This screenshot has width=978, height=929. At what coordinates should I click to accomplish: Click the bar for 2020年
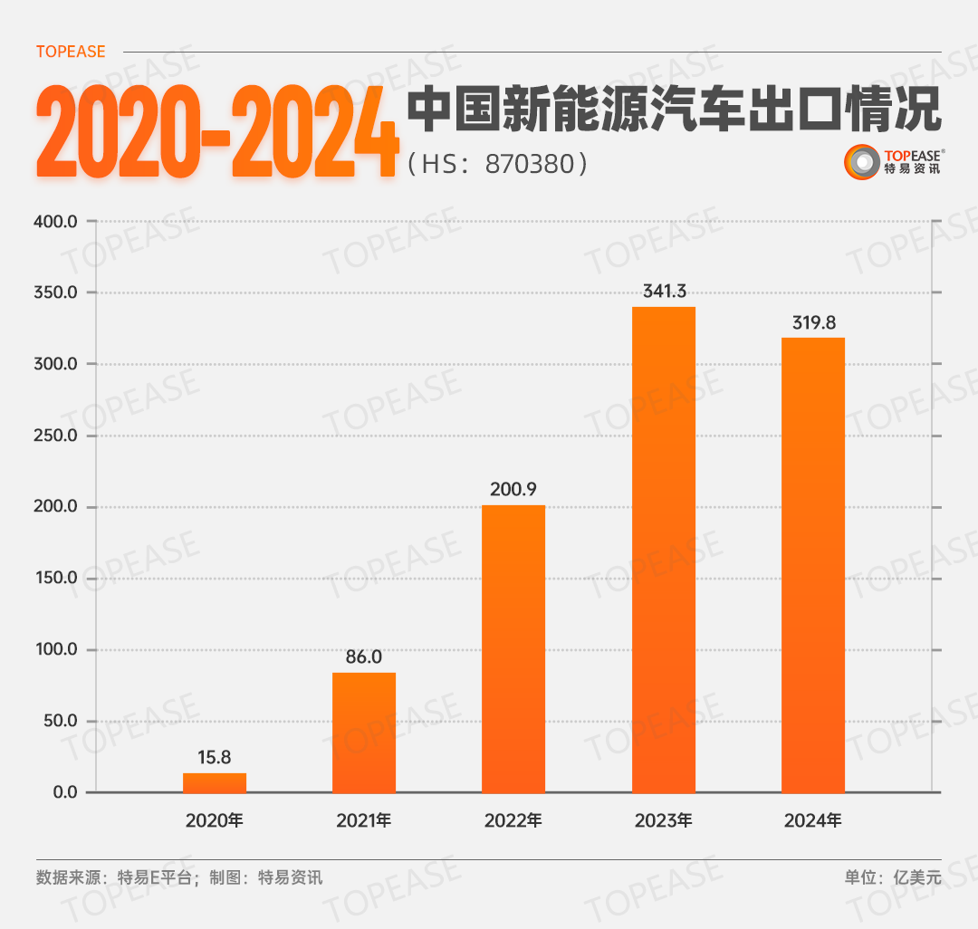215,782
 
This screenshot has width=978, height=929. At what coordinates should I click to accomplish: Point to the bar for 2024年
813,565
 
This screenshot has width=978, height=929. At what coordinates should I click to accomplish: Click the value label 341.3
664,292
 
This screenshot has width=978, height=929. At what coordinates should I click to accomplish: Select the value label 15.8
215,757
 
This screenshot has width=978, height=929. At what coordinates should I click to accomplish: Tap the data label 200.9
513,490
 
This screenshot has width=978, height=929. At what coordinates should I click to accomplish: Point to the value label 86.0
364,656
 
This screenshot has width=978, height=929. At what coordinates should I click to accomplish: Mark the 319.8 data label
813,322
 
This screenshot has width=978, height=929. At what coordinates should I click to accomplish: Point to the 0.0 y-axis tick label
65,793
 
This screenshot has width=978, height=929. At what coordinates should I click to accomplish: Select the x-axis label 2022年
513,821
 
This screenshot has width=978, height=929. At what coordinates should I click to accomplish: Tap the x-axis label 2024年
813,821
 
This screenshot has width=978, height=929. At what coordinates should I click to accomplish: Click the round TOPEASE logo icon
861,162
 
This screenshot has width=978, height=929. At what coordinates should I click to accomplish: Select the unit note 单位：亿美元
893,876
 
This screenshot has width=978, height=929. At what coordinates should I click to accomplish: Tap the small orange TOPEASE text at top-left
71,52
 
